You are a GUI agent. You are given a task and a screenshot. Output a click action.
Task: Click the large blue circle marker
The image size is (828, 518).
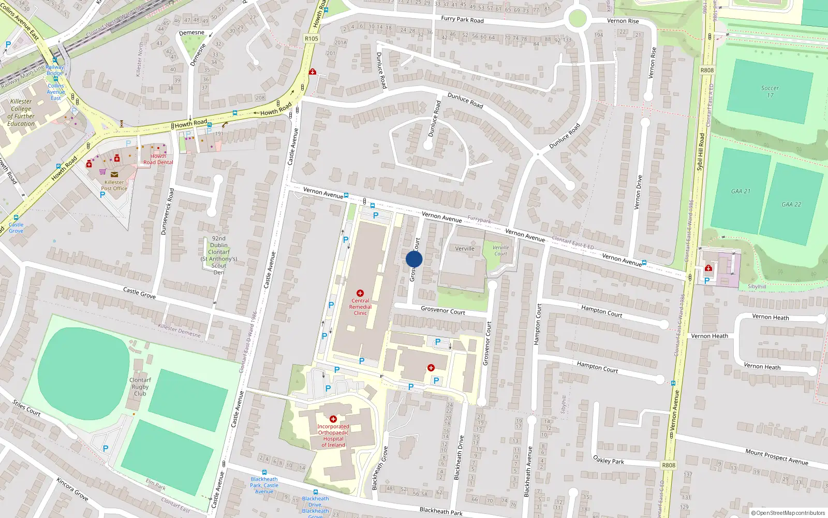(414, 259)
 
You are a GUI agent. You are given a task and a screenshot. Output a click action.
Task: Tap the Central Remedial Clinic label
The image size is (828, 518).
(360, 307)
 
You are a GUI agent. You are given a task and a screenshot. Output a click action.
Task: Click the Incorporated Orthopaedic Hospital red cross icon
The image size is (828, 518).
(333, 419)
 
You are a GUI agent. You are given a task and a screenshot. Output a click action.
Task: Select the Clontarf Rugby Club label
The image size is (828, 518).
(140, 386)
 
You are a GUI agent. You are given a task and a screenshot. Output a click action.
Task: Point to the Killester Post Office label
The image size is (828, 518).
(114, 185)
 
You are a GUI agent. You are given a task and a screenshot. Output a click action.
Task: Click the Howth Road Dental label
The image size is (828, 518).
(158, 159)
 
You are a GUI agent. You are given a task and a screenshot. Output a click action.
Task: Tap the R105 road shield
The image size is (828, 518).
(312, 38)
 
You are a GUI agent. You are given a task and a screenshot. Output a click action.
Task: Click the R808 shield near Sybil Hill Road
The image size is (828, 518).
(707, 70)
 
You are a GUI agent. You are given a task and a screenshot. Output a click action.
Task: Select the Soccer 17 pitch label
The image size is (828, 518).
(770, 92)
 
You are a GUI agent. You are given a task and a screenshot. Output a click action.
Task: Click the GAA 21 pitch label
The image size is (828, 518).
(741, 191)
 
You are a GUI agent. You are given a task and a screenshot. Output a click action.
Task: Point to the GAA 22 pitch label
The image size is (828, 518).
(791, 204)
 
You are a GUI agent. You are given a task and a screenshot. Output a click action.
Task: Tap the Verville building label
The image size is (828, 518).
(465, 249)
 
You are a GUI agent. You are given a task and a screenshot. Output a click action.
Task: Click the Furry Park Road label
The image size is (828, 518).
(462, 19)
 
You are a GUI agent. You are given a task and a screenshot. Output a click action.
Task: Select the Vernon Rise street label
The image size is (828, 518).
(623, 21)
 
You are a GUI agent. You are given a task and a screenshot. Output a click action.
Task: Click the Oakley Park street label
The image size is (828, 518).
(609, 460)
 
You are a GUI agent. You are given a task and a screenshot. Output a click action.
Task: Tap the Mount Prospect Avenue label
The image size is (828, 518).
(776, 456)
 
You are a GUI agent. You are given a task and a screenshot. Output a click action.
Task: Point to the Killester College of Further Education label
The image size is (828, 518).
(21, 112)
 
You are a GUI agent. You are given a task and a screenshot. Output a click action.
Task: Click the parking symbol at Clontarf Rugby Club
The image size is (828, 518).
(106, 449)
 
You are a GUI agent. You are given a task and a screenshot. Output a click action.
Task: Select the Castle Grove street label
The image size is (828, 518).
(139, 293)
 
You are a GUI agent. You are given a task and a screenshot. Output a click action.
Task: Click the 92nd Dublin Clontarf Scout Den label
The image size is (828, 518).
(219, 255)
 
